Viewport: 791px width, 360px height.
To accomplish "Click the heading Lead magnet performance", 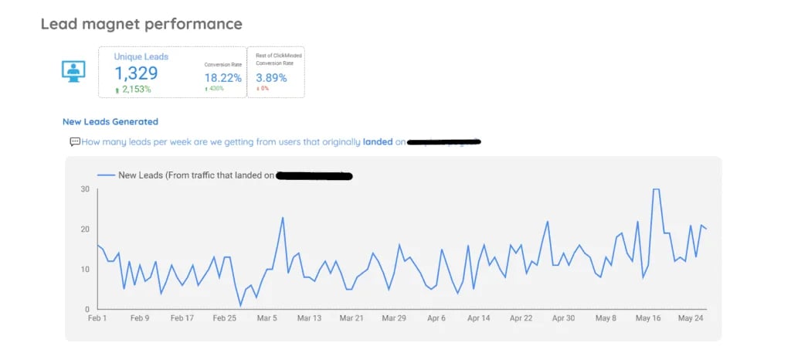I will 141,24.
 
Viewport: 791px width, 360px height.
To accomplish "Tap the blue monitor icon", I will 73,71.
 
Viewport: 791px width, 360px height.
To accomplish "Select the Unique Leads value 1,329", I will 137,73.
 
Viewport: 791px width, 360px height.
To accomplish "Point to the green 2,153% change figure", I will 133,90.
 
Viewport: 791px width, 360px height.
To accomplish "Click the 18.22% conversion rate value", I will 222,78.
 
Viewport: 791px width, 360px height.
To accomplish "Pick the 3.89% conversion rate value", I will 271,78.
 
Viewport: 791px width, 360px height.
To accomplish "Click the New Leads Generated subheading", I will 110,121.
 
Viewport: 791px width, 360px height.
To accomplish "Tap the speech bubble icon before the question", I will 75,141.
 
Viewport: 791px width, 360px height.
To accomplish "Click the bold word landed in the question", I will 378,142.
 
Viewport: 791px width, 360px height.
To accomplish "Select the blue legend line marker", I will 105,175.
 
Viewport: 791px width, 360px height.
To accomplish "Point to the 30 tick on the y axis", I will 84,189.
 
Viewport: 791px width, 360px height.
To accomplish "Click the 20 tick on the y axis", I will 84,229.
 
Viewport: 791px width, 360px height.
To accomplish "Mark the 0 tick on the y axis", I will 87,309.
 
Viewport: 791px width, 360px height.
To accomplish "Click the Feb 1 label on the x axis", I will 97,318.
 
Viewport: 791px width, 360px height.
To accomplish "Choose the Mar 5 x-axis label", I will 266,318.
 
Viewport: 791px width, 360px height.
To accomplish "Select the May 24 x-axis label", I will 691,318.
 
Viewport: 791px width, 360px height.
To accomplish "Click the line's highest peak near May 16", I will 656,189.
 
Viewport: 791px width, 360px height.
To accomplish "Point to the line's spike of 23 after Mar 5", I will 283,218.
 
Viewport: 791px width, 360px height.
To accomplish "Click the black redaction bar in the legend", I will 314,176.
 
